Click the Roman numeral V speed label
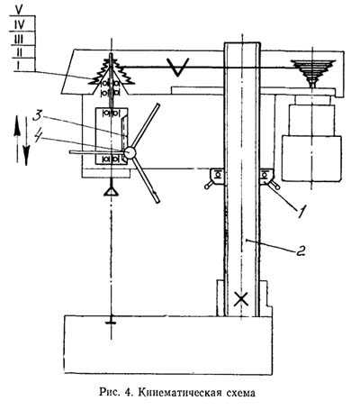click(19, 9)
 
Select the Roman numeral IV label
click(19, 24)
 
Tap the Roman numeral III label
click(19, 39)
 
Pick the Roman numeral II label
click(19, 52)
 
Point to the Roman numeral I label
click(18, 65)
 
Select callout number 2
click(301, 251)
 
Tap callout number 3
click(39, 116)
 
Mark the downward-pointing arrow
click(26, 141)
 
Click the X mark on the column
click(241, 299)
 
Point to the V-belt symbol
click(178, 67)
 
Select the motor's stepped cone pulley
click(313, 73)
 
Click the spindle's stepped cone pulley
click(112, 73)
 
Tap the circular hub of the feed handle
click(130, 152)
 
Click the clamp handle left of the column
click(211, 183)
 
